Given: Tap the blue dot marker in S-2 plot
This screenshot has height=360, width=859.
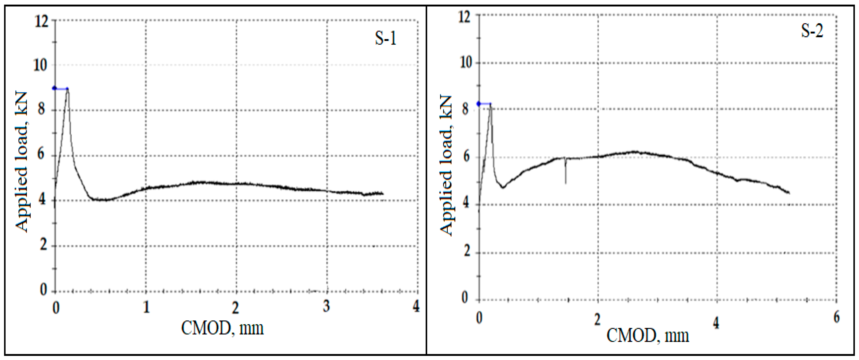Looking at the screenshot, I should coord(479,104).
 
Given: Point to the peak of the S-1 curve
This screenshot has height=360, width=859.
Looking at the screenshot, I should coord(68,89).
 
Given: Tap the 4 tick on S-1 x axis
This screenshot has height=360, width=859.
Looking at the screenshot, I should coord(416,306).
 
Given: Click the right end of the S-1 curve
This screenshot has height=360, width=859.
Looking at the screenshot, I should coord(383,193).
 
